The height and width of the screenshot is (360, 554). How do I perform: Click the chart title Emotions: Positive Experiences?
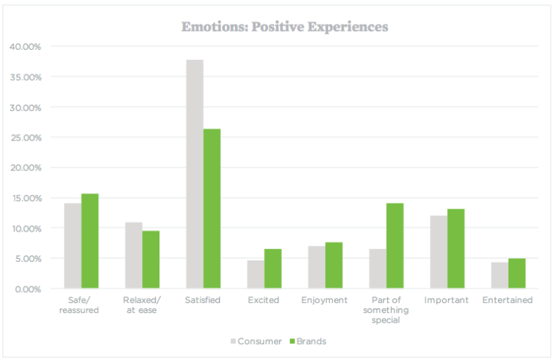tap(284, 27)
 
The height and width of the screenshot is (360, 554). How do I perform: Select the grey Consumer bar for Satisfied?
tap(195, 174)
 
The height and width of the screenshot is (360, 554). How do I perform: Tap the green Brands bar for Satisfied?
tap(212, 208)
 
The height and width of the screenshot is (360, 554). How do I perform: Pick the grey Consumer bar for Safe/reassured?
tap(73, 245)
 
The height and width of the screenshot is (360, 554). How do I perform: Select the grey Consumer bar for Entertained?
tap(499, 275)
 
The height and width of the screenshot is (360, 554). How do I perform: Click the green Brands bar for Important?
tap(456, 248)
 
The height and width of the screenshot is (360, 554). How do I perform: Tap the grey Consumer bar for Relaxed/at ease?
tap(133, 255)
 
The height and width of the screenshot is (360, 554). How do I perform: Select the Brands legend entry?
tap(309, 341)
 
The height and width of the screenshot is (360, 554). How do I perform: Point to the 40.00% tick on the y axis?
tap(25, 47)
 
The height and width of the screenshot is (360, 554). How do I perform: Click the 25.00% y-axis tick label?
tap(25, 138)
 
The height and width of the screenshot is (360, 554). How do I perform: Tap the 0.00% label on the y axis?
tap(27, 289)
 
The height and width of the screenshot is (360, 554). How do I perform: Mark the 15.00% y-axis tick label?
tap(25, 198)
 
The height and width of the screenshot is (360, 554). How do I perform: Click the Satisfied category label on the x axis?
tap(203, 300)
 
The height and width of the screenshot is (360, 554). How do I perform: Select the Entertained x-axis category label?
tap(508, 300)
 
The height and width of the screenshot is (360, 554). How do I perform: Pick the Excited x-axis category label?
tap(263, 300)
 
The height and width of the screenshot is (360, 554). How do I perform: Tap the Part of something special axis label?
tap(385, 310)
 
